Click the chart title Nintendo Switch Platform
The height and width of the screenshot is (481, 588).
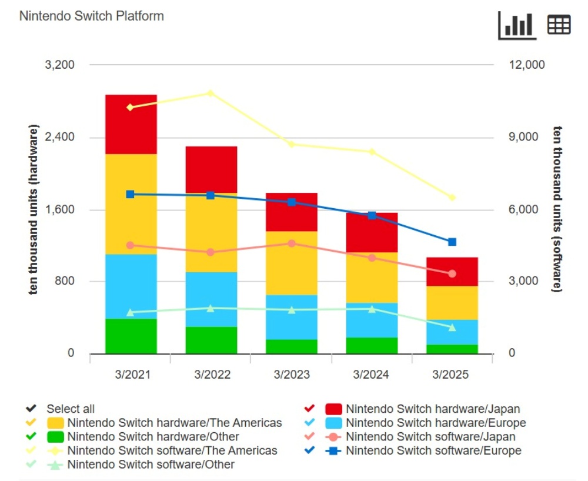(91, 16)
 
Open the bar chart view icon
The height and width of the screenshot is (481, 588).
(517, 25)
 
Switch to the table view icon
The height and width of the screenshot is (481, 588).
(559, 25)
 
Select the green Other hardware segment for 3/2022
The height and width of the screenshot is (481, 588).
(211, 340)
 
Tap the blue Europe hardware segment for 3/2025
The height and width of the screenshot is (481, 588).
(452, 332)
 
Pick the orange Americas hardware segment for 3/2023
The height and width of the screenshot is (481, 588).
(292, 263)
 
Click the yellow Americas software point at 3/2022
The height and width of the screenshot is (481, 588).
(211, 93)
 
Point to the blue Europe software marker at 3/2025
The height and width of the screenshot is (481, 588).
(452, 242)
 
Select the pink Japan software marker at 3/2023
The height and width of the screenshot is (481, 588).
(292, 243)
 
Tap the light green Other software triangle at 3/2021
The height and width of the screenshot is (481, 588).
(131, 312)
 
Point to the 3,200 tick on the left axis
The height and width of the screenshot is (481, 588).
(60, 65)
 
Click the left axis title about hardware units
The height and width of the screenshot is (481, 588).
(34, 209)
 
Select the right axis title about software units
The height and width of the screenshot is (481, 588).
(556, 209)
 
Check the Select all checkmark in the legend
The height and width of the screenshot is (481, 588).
(31, 409)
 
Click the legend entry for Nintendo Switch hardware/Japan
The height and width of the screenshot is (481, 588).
(432, 409)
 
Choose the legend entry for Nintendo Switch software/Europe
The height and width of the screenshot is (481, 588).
(433, 451)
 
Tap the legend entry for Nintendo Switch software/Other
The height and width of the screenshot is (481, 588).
(151, 465)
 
